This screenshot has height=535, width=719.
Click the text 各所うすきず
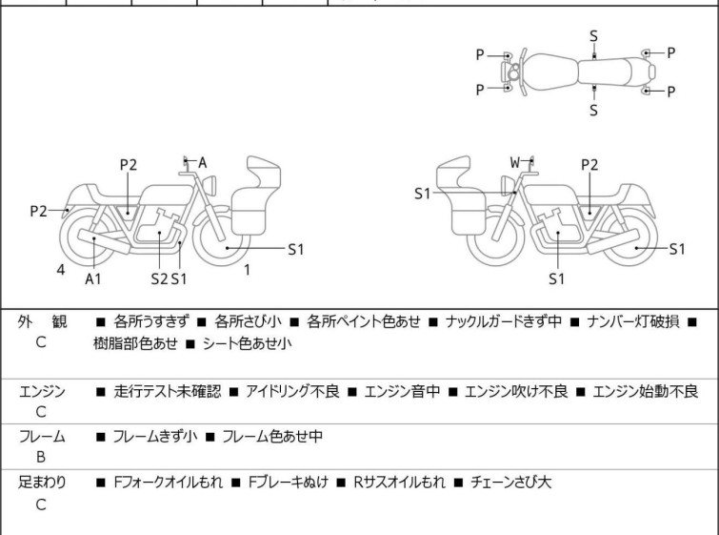pyautogui.click(x=151, y=322)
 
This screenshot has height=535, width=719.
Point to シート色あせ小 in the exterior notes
pyautogui.click(x=247, y=344)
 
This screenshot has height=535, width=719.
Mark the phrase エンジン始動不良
pyautogui.click(x=645, y=391)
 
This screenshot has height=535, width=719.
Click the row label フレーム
pyautogui.click(x=42, y=437)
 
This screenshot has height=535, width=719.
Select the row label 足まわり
pyautogui.click(x=42, y=483)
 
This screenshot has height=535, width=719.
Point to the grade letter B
pyautogui.click(x=41, y=457)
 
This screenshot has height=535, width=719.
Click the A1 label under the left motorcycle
pyautogui.click(x=93, y=278)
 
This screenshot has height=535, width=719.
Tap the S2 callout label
pyautogui.click(x=159, y=278)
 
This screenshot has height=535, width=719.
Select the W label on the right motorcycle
pyautogui.click(x=515, y=162)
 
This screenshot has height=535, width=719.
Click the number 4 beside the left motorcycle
pyautogui.click(x=61, y=270)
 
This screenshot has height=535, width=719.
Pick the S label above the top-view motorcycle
pyautogui.click(x=593, y=35)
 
